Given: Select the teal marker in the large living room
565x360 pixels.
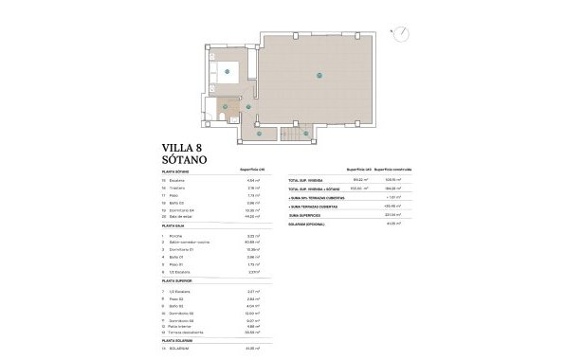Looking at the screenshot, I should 319,73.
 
